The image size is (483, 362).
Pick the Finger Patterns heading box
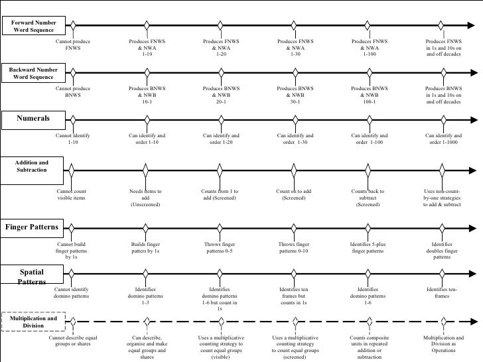click(33, 227)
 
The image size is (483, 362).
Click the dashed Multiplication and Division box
click(34, 322)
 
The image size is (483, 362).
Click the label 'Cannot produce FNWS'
click(73, 44)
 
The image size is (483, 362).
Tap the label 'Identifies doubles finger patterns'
click(443, 251)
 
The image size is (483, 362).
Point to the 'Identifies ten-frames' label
click(443, 292)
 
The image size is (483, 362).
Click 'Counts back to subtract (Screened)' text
click(369, 198)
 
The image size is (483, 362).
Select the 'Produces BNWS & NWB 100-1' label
click(369, 95)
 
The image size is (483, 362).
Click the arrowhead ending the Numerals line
click(473, 119)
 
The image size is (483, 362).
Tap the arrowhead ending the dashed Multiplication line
click(473, 322)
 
